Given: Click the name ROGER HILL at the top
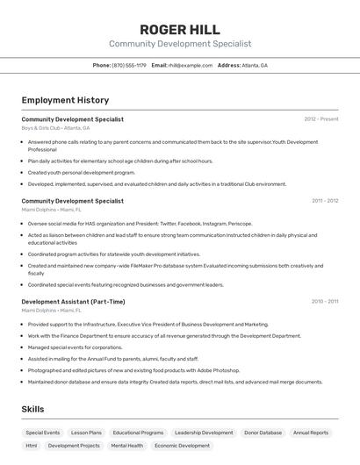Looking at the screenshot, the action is (180, 29).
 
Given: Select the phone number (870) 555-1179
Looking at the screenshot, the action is (130, 66).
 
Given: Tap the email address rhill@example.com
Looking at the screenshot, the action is (191, 66).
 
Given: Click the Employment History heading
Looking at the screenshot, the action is (65, 100).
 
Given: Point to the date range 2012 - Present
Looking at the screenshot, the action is (321, 119).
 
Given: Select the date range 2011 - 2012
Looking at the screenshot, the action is (325, 201).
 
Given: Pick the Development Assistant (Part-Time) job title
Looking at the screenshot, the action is (73, 302).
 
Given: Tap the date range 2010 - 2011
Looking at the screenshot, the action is (325, 302).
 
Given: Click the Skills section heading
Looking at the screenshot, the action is (33, 410).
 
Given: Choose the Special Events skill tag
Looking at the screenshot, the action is (43, 433).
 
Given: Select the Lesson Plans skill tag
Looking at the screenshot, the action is (86, 433).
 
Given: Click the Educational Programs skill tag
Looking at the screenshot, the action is (138, 433).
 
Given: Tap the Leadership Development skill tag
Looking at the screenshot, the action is (204, 433).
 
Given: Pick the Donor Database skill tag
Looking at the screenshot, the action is (263, 433).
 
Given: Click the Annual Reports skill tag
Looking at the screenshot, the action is (311, 433).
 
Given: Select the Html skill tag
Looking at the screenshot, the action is (32, 446).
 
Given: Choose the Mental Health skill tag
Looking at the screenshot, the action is (126, 446).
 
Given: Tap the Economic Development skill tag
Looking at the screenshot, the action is (183, 446).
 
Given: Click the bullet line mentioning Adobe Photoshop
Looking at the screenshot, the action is (133, 370).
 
